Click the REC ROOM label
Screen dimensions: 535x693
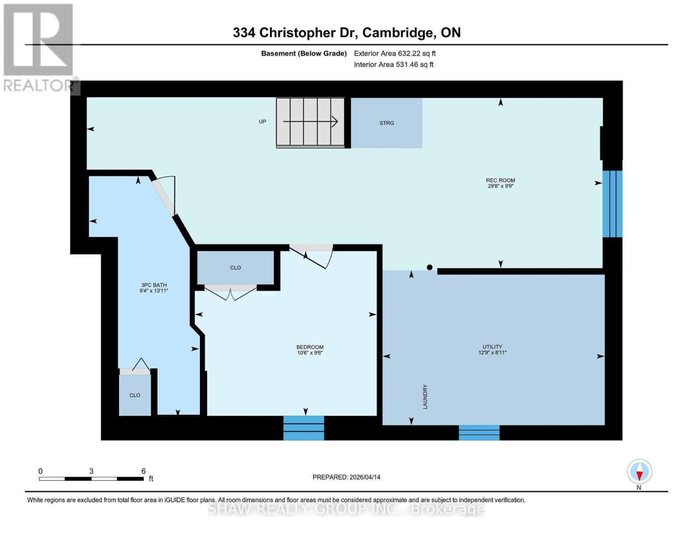[500, 181]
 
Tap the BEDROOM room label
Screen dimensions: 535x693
[310, 347]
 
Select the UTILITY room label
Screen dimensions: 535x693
[492, 347]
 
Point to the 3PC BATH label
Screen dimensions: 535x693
[154, 285]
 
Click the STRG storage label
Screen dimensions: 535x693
[386, 123]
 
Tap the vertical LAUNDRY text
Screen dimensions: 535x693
[425, 397]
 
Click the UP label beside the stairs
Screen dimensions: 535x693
[262, 122]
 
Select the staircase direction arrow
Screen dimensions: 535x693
[310, 121]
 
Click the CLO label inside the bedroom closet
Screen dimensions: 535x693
[235, 268]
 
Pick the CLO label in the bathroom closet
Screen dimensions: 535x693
[135, 395]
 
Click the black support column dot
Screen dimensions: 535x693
[430, 267]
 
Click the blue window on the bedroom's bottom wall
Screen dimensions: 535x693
[303, 428]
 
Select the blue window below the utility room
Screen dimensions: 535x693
[479, 432]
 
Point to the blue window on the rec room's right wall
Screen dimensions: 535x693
[612, 204]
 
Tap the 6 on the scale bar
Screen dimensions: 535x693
[143, 471]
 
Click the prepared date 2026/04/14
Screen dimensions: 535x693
[365, 477]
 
